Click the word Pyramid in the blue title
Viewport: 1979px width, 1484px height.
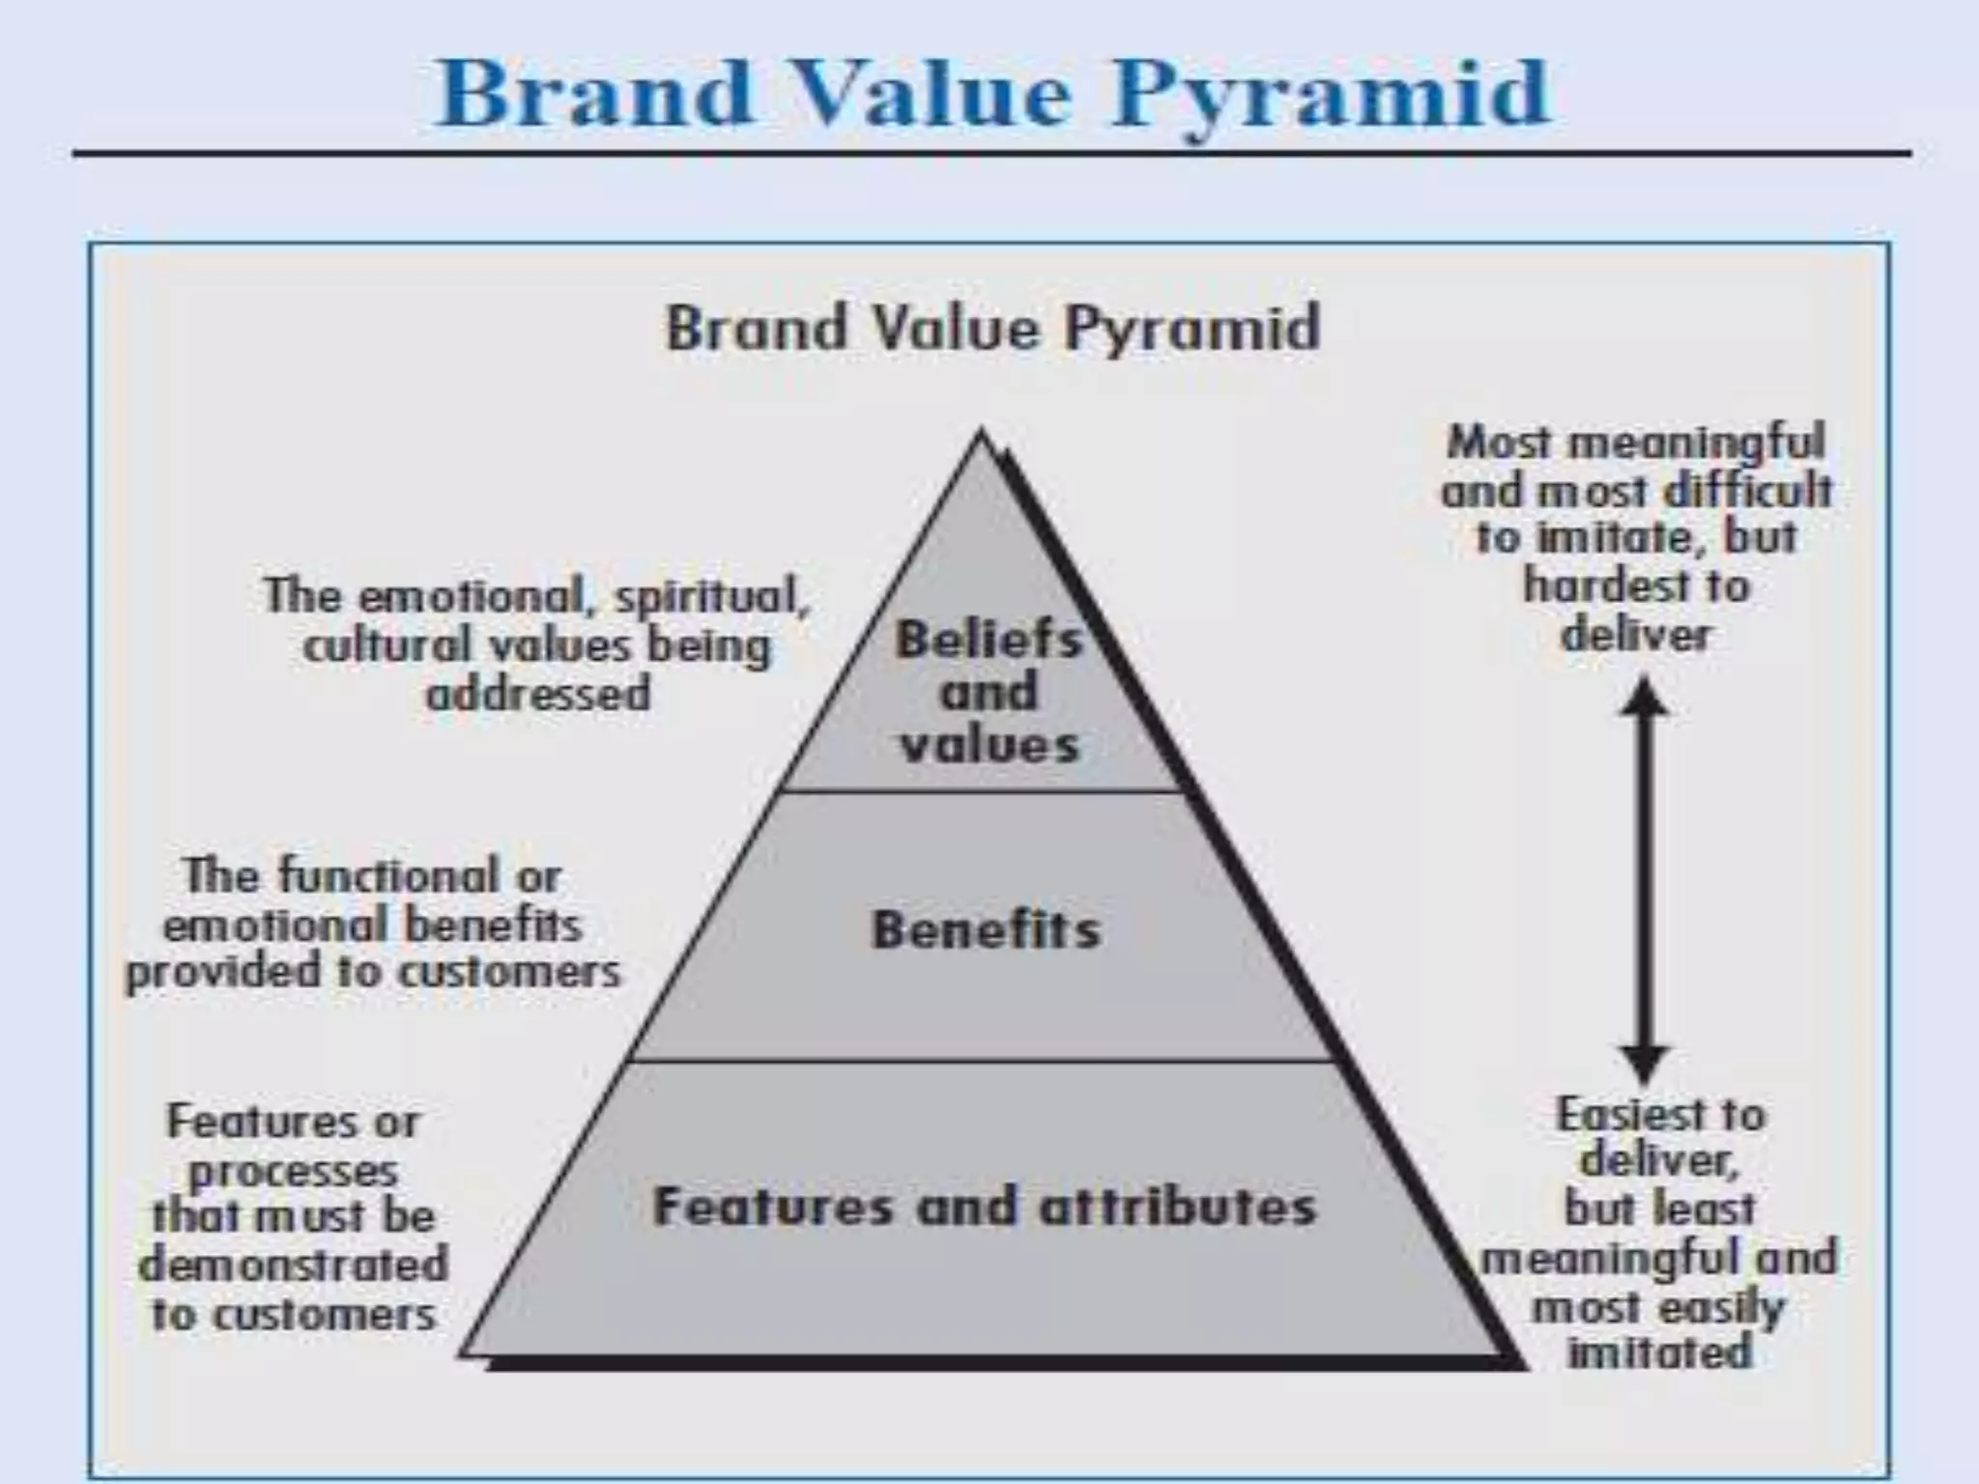(1332, 95)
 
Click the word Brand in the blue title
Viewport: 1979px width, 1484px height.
(594, 93)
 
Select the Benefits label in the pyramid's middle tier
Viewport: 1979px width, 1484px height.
(986, 930)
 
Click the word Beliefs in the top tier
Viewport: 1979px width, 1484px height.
(989, 640)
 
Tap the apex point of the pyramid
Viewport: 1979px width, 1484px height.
(982, 432)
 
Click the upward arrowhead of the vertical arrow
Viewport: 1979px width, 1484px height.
(1643, 697)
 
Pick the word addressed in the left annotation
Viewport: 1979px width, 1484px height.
(538, 694)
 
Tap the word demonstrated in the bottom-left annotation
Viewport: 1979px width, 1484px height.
(294, 1265)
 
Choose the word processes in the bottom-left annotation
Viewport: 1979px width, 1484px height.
(293, 1172)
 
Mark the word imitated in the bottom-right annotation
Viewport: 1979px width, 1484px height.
(1659, 1352)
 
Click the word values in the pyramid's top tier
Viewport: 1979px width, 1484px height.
(989, 745)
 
